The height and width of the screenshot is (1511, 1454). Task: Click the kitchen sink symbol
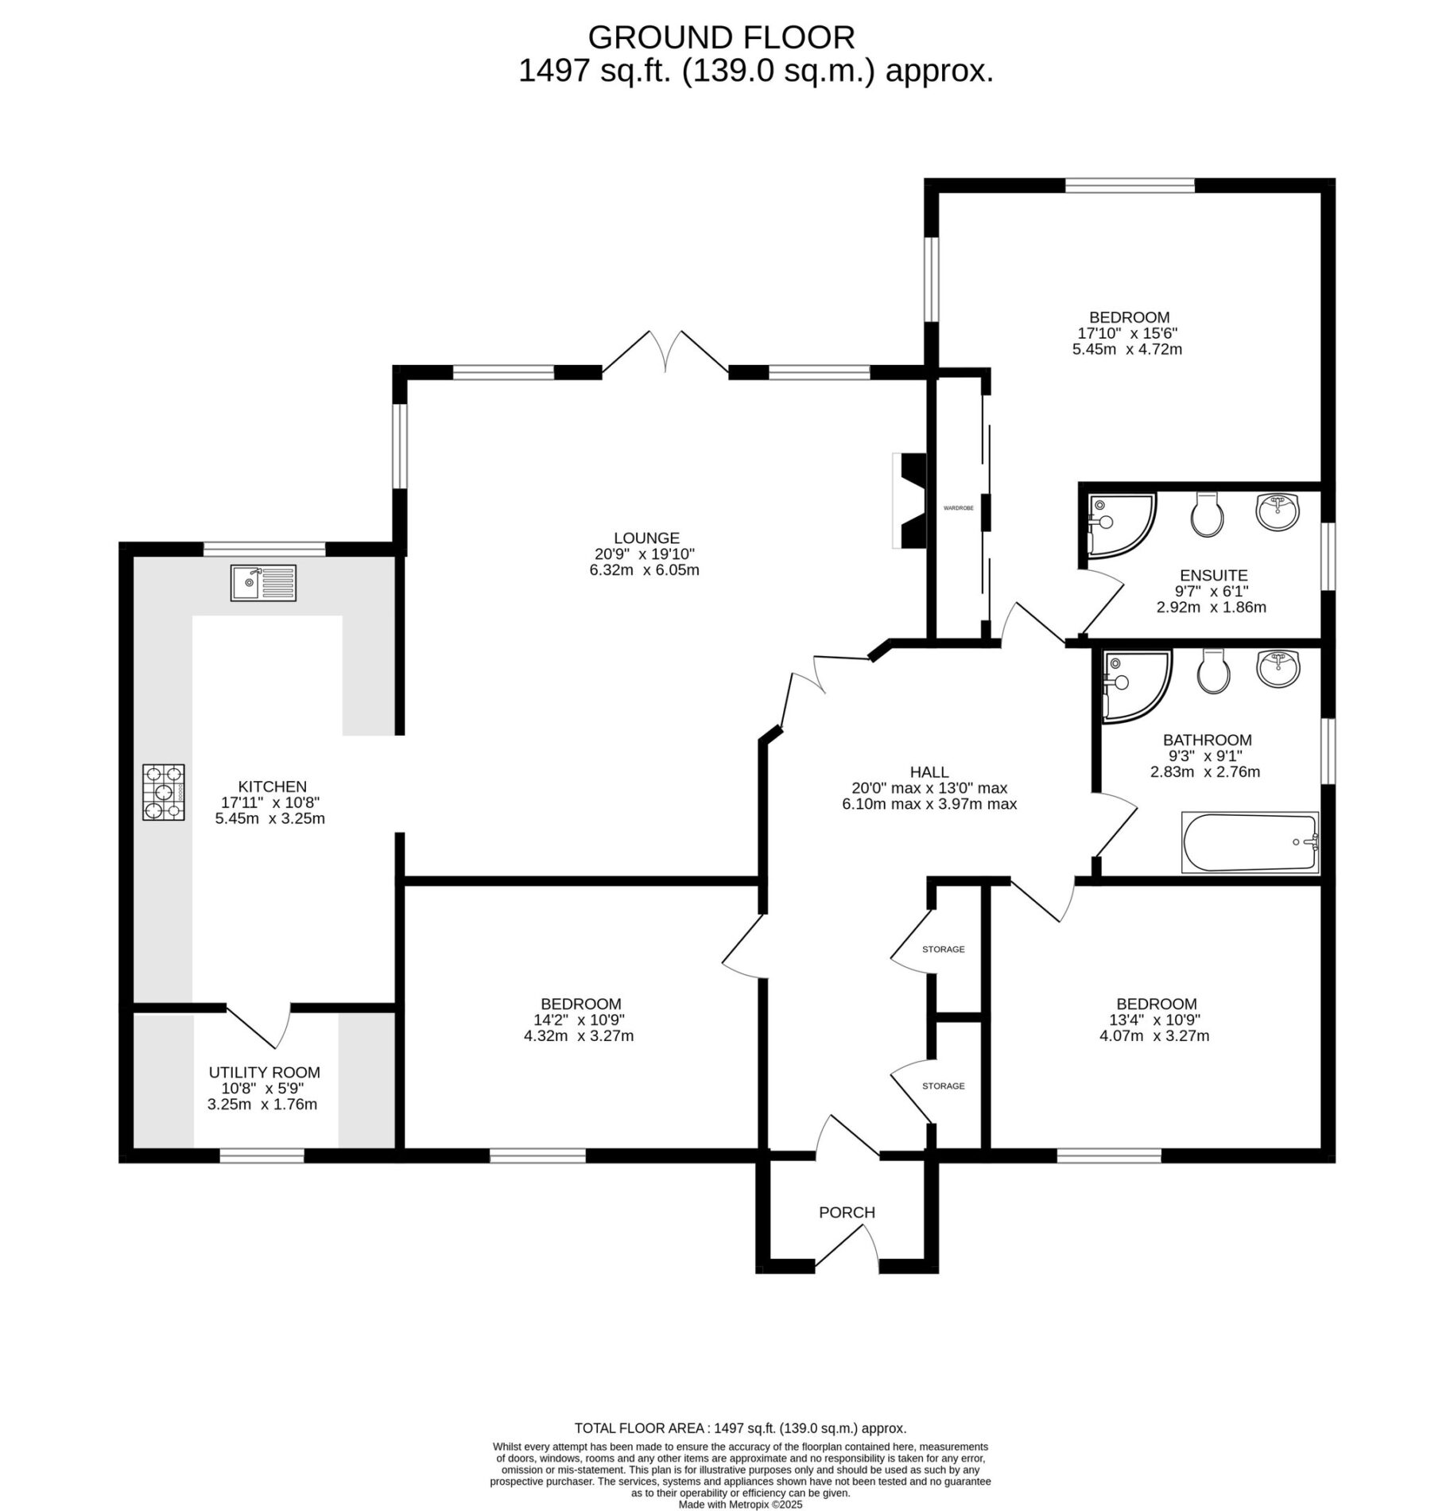click(263, 583)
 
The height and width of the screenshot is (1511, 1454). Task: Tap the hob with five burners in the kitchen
click(164, 792)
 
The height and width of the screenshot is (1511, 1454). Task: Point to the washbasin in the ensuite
click(1278, 511)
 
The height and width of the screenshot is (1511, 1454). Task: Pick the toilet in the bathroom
click(1213, 672)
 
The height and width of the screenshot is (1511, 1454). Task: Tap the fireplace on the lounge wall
click(910, 500)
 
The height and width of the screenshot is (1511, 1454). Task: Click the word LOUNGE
click(646, 538)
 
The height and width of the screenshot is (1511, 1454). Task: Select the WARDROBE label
click(958, 507)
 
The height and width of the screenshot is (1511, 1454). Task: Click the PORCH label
click(847, 1212)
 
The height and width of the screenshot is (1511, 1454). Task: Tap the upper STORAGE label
click(944, 949)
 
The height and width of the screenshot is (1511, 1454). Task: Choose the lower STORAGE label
click(944, 1086)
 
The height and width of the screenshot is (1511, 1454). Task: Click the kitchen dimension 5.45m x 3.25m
click(270, 818)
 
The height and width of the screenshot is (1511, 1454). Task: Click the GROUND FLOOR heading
click(721, 37)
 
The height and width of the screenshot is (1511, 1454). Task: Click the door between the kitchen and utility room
click(259, 1026)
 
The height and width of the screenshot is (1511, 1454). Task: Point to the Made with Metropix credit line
click(740, 1505)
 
